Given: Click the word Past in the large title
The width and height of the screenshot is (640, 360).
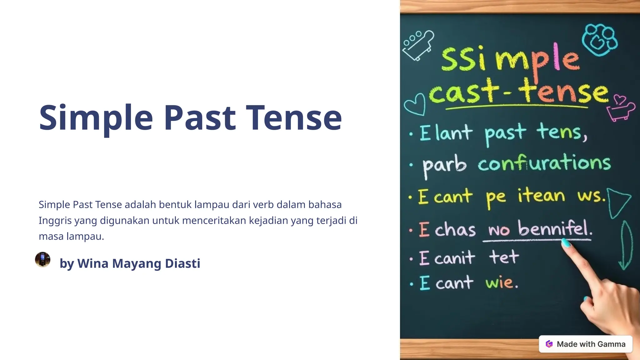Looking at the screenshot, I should (200, 118).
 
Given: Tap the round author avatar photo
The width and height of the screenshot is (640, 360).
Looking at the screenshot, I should (42, 259).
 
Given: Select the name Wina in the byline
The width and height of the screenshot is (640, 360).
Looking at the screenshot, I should (92, 263).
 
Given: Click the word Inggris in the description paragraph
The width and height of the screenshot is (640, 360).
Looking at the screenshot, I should (55, 221).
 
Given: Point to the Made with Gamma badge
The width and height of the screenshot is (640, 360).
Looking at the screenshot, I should (586, 344).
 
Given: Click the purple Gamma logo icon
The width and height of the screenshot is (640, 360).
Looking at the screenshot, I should (549, 344).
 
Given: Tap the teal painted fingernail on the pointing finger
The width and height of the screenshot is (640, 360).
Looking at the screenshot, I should (566, 243).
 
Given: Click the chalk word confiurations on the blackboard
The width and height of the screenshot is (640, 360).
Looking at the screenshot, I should (544, 163).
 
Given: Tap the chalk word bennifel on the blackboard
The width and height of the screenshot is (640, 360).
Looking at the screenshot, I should (555, 228).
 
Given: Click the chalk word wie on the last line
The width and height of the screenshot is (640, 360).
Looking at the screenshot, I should (501, 282).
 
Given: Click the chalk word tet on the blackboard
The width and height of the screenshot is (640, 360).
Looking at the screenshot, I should (504, 257).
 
